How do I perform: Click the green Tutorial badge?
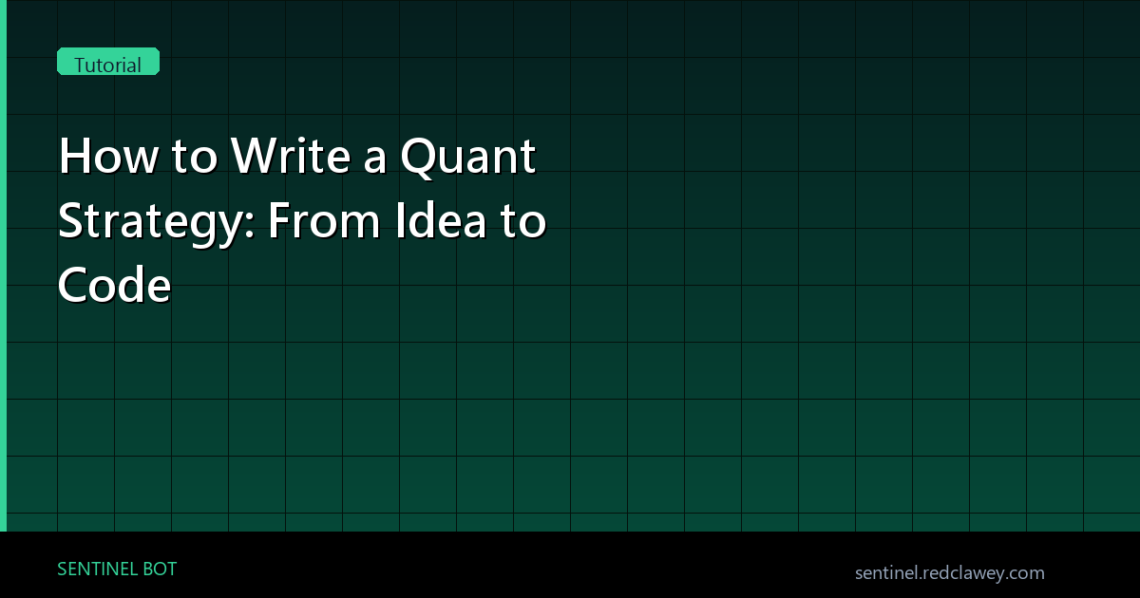coord(108,62)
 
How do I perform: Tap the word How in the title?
coord(108,156)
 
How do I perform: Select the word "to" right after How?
coord(195,157)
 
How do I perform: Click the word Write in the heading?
coord(290,155)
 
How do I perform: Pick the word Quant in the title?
coord(467,158)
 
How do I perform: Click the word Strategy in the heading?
coord(150,222)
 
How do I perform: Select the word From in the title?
coord(324,220)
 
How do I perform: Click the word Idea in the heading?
coord(441,219)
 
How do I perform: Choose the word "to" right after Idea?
coord(522,221)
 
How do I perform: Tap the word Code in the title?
coord(114,284)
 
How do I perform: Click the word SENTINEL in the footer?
coord(96,569)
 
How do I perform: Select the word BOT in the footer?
coord(160,569)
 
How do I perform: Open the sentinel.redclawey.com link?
coord(950,573)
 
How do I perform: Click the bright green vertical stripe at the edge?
coord(3,266)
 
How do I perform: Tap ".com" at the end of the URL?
coord(1022,573)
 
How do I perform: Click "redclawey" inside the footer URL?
coord(961,573)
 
